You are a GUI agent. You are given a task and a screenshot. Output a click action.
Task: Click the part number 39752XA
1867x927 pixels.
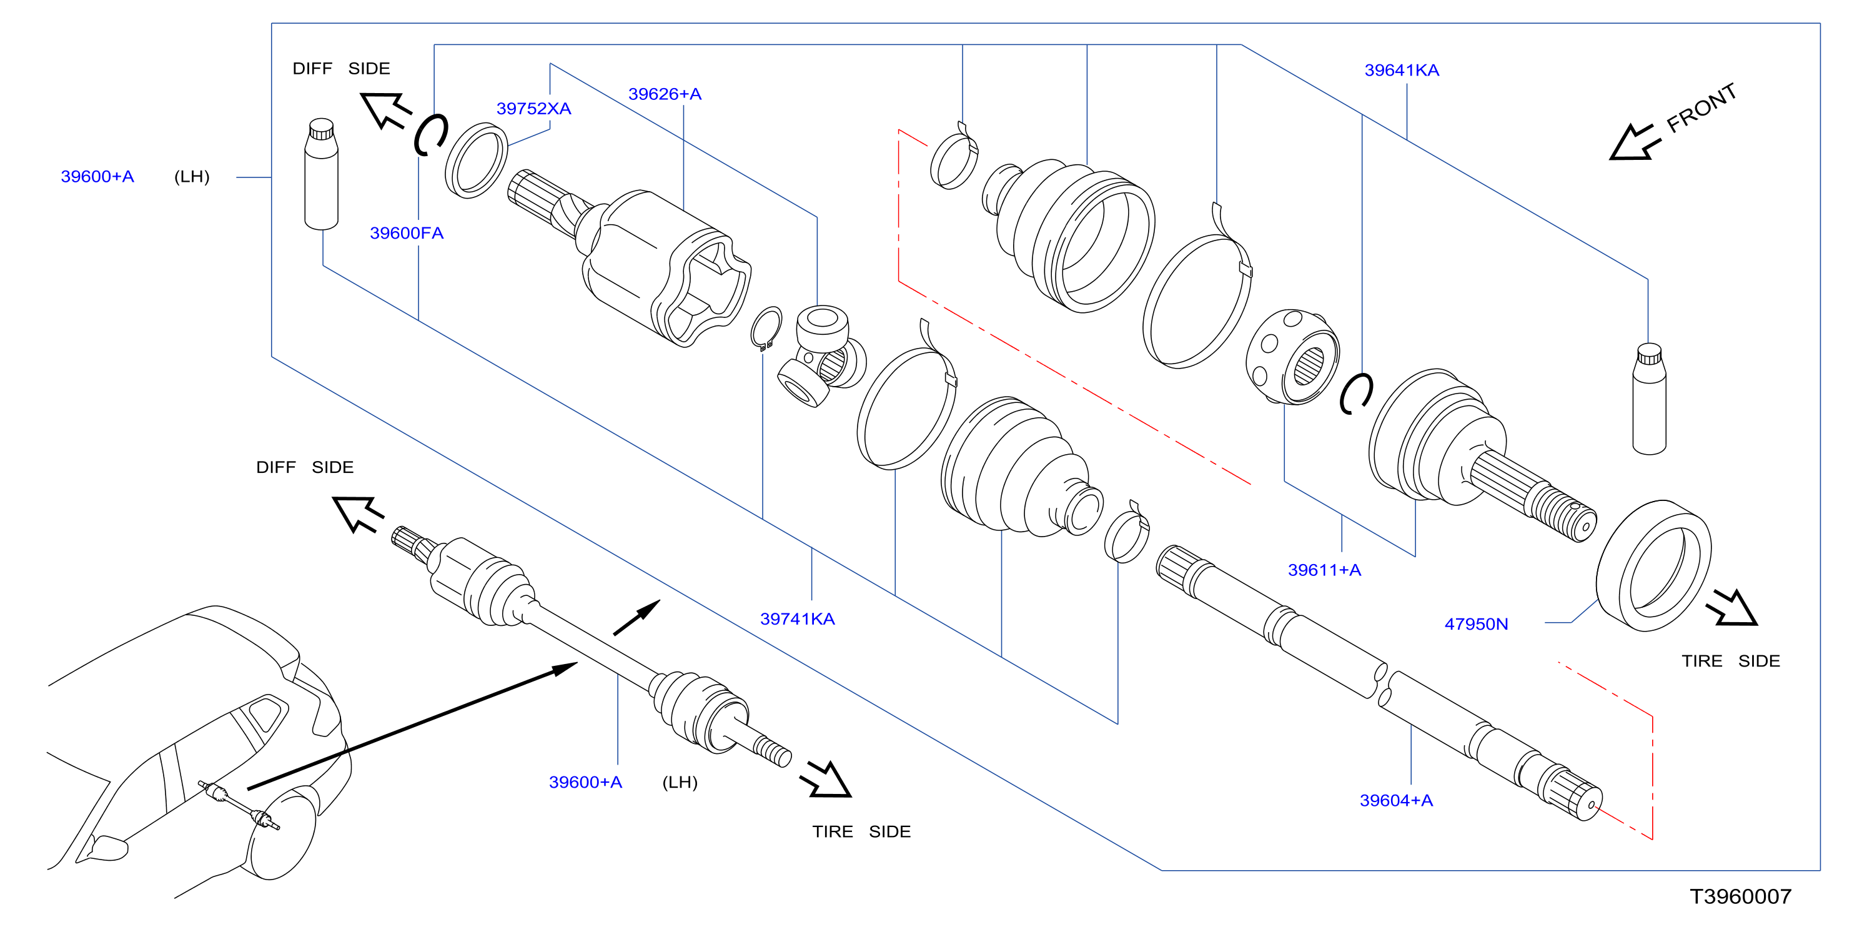(x=533, y=109)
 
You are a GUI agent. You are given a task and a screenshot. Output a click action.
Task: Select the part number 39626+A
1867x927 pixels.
(x=665, y=94)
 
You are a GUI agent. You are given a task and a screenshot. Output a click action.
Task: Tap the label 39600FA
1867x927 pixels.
(x=407, y=234)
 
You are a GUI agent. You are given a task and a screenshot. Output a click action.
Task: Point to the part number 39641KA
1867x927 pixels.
(x=1402, y=71)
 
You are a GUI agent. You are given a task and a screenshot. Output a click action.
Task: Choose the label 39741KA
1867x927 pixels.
(x=797, y=619)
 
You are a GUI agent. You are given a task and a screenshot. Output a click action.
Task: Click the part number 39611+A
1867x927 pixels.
(x=1324, y=570)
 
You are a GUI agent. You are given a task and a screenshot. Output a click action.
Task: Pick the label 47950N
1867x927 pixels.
(x=1477, y=624)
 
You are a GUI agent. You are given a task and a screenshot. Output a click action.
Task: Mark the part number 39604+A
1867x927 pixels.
(x=1396, y=801)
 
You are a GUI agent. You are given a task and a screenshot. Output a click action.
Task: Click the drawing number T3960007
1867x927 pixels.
(x=1741, y=897)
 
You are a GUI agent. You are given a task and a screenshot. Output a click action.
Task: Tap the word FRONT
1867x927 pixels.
(x=1701, y=109)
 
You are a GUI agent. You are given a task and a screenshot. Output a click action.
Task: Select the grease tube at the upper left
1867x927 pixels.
(x=321, y=174)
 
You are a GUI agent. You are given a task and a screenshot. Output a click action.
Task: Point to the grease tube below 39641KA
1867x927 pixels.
(x=1649, y=399)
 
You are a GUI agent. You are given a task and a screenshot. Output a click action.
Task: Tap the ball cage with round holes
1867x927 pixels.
(x=1292, y=357)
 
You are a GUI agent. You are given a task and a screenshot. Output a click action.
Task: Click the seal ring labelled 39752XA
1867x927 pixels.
(x=476, y=161)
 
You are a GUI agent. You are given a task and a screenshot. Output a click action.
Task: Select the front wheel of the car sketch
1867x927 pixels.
(x=281, y=833)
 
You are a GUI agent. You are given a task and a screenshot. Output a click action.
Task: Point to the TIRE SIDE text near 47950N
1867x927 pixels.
(x=1731, y=661)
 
